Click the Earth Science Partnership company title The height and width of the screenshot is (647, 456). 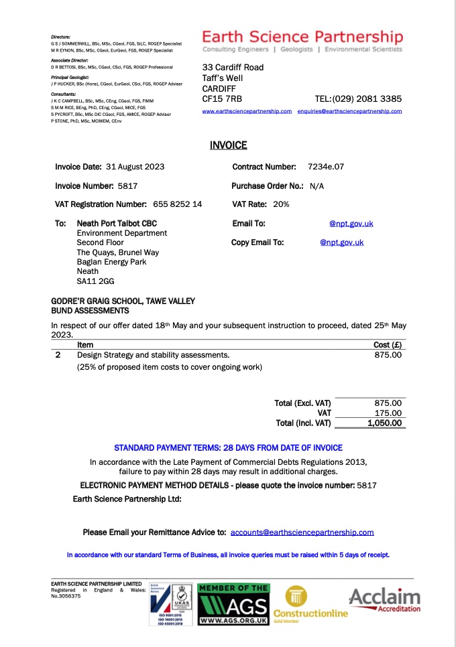(302, 37)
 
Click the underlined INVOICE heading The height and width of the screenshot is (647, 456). (228, 145)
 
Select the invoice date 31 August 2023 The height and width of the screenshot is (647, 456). (135, 167)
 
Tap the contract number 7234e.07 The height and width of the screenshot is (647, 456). (326, 166)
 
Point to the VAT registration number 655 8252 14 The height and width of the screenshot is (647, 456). (178, 204)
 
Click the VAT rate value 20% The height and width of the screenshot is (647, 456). (281, 204)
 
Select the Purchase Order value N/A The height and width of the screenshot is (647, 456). (316, 186)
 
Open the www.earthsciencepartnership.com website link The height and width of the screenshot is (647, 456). (247, 111)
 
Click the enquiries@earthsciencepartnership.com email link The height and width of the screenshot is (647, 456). (349, 111)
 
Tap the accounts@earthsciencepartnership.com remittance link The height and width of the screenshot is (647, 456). (302, 532)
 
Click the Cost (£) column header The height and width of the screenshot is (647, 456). (387, 344)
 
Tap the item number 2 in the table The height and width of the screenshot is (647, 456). (58, 355)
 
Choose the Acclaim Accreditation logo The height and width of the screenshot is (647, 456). (384, 600)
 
